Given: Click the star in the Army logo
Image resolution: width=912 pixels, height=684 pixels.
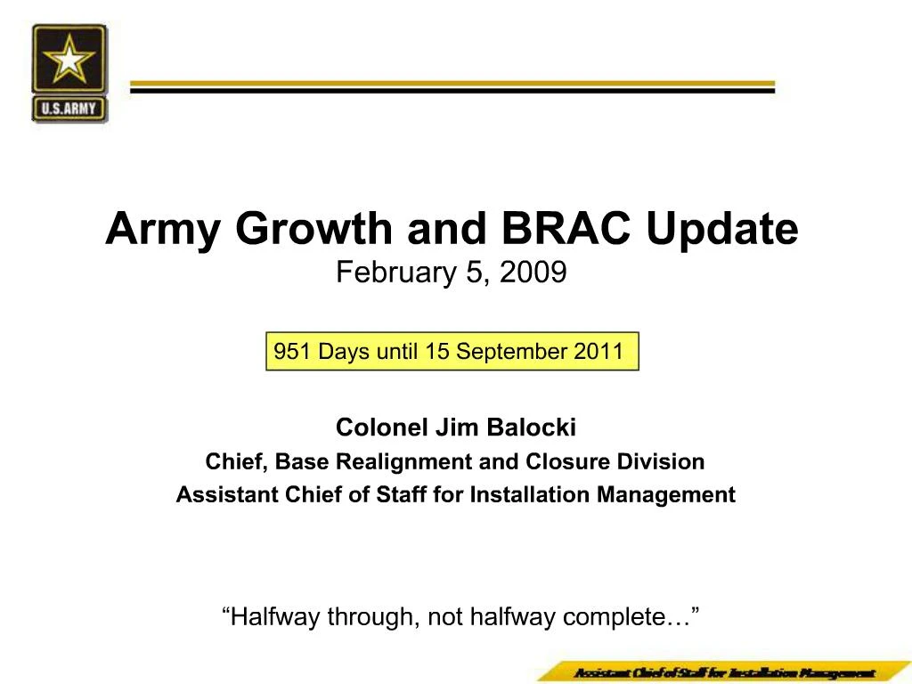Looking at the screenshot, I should coord(69,61).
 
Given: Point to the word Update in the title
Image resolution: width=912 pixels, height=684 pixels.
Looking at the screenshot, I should coord(722,230).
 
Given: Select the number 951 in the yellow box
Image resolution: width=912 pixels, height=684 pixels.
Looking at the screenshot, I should coord(292,352).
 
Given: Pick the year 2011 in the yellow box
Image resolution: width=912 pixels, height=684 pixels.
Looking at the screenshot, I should coord(598,352).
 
